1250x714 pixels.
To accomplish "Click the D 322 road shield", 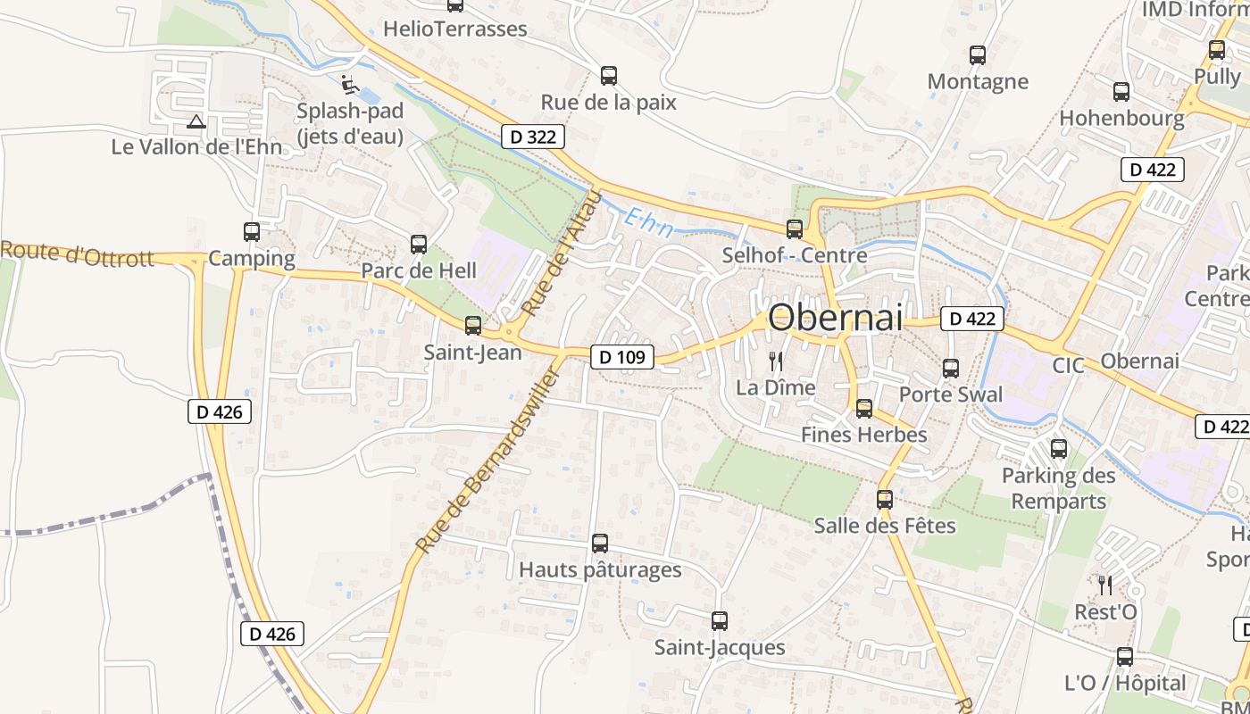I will coord(533,137).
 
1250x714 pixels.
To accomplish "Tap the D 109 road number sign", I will coord(621,357).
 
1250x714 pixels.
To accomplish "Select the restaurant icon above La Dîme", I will coord(776,361).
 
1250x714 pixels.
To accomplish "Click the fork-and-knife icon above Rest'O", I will coord(1105,585).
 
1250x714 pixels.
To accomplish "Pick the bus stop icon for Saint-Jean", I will coord(473,326).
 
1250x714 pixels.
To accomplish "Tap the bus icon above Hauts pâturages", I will coord(600,543).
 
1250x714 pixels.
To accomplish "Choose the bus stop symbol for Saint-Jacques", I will coord(720,621).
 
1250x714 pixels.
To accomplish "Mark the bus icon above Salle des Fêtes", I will coord(885,500).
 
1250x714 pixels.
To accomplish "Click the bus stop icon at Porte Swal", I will coord(951,368).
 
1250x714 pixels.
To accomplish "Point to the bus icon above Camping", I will coord(252,232).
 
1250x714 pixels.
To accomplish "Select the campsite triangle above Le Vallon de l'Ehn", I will coord(196,121).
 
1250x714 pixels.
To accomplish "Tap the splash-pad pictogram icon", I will coord(350,86).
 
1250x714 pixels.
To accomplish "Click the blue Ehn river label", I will coord(649,222).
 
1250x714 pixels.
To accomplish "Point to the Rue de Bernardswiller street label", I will coord(487,460).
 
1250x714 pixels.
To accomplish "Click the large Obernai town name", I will coord(836,317).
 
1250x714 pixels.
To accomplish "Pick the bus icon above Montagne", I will coord(978,55).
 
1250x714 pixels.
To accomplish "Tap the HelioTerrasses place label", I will coord(455,29).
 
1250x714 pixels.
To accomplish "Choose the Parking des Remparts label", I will coord(1058,487).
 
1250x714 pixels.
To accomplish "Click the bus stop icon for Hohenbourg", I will coord(1121,91).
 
